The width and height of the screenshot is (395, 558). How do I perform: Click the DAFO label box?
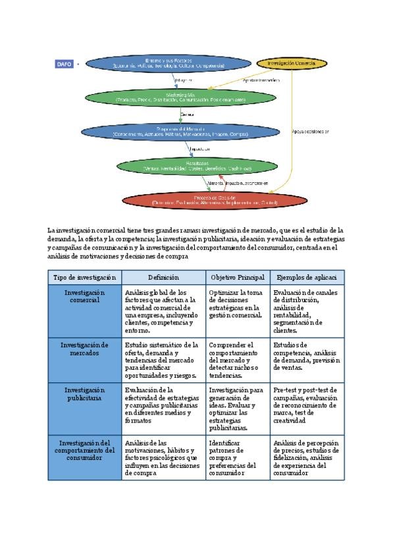coord(65,64)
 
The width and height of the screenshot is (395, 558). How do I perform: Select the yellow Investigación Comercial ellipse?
coord(291,64)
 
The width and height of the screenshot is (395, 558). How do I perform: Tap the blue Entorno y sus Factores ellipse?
coord(169,64)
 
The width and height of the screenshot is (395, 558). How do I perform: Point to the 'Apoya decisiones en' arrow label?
coord(310,132)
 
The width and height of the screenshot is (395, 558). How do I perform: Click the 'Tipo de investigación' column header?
coord(84,278)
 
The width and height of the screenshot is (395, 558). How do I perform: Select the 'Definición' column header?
coord(163,278)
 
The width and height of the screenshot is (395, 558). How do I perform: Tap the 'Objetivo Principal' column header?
coord(237,278)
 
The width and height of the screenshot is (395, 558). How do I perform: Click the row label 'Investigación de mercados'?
coord(84,348)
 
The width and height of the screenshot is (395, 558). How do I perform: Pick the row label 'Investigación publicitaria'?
coord(84,393)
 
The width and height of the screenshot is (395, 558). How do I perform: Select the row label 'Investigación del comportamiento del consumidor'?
coord(84,449)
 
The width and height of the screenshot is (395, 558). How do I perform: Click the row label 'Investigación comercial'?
coord(84,295)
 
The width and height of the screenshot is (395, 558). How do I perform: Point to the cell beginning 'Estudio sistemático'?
coord(163,359)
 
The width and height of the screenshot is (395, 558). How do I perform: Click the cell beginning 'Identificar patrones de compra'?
coord(237,457)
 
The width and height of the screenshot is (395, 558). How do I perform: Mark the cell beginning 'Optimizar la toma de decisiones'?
coord(237,303)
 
